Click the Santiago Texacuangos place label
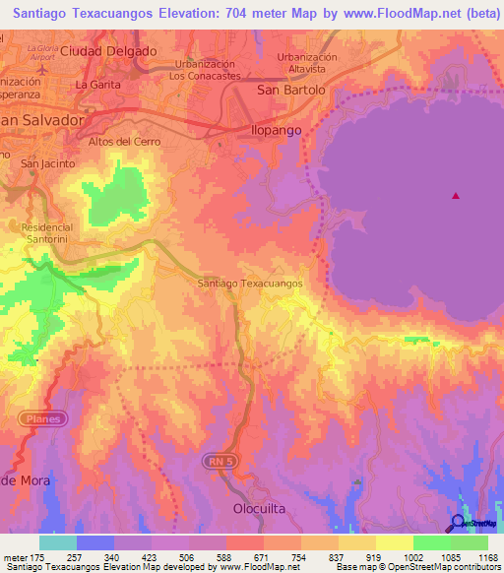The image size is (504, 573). (x=249, y=283)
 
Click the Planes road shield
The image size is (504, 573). (x=43, y=418)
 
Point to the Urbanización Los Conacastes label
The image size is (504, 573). (x=204, y=69)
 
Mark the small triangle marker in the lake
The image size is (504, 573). (x=455, y=195)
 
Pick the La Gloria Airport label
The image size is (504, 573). (x=43, y=53)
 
